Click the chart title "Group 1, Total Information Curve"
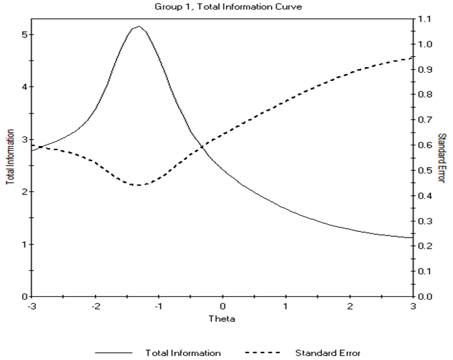coord(226,7)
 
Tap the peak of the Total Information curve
coord(139,26)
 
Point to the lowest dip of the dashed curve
coord(139,185)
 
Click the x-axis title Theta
coord(223,320)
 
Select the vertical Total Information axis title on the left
coord(10,158)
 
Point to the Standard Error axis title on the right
coord(443,158)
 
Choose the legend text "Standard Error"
coord(328,352)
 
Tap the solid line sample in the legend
coord(116,353)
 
